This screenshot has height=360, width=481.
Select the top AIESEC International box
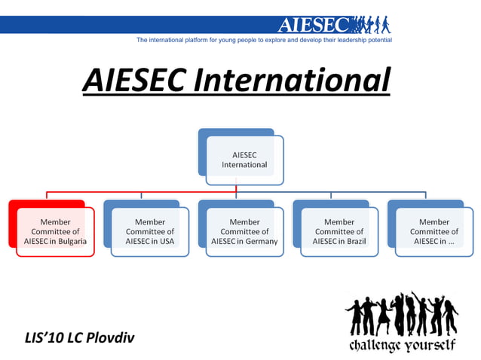coord(244,159)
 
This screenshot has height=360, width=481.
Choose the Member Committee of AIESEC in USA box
coord(149,231)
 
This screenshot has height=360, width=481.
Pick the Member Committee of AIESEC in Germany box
coord(244,231)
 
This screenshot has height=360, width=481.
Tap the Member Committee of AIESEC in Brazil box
coord(339,231)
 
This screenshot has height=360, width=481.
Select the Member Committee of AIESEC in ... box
coord(434,231)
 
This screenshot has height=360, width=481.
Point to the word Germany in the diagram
coord(260,242)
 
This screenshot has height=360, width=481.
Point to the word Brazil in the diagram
coord(354,242)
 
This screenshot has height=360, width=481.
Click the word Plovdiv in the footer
coord(110,336)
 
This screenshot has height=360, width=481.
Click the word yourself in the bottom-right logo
coord(430,346)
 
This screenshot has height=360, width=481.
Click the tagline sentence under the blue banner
coord(264,38)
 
